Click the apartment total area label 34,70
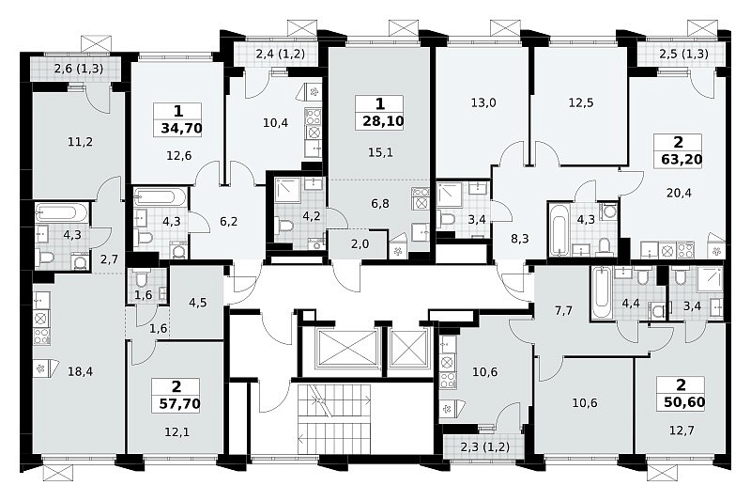pos(182,129)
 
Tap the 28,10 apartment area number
pos(383,121)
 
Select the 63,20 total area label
pos(682,159)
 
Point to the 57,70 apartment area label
pos(179,403)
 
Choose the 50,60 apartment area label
pos(684,401)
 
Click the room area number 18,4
pos(80,371)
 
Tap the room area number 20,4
pos(679,194)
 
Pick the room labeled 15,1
pos(380,152)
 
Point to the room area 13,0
pos(483,102)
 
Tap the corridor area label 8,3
pos(520,238)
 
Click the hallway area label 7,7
pos(563,311)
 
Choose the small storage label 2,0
pos(360,244)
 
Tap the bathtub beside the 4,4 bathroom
pos(599,292)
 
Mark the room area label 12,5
pos(581,102)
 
